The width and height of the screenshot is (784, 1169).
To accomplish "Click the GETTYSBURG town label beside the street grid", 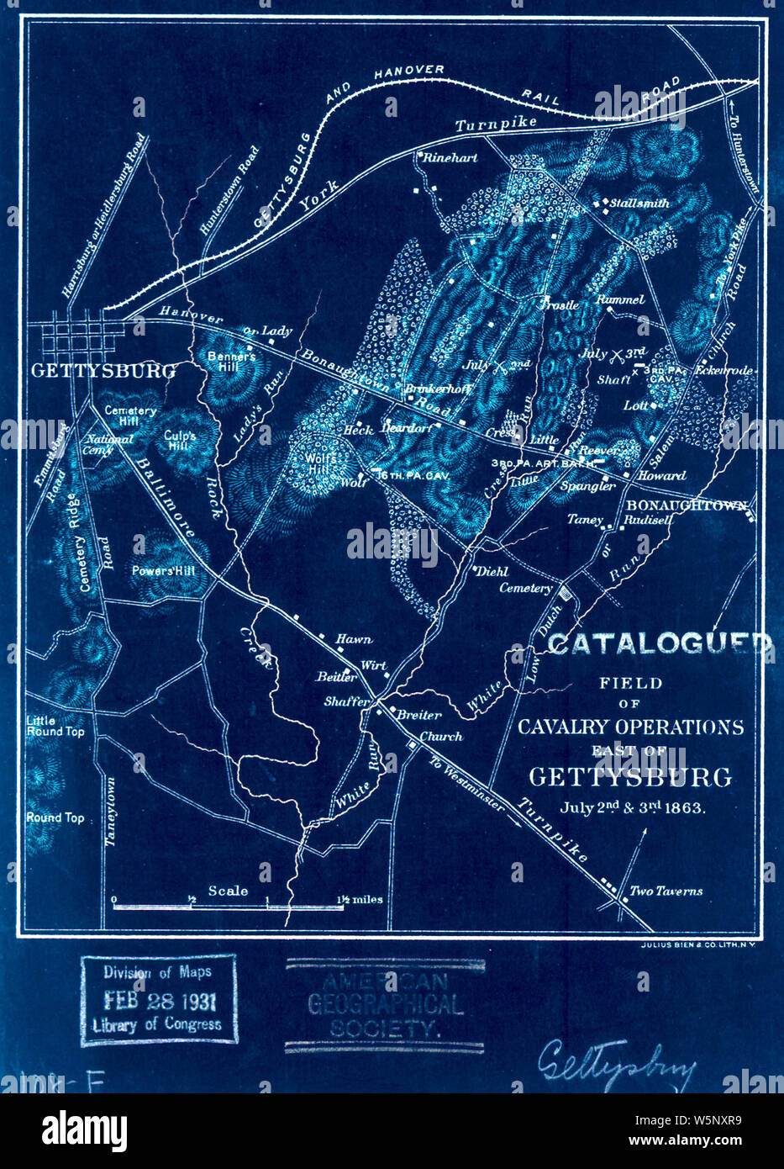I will pos(103,371).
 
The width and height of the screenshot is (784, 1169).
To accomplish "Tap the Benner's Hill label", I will pos(231,361).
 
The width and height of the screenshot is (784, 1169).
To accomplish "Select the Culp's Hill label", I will pos(181,441).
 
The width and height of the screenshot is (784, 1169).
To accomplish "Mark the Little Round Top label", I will pos(55,726).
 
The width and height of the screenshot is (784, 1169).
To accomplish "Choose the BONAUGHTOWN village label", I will pos(686,505).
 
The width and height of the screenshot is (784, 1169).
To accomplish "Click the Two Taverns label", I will pos(666,891).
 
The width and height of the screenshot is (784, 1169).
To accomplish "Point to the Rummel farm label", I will pos(620,299).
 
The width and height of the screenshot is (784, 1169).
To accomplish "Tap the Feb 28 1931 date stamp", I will pos(158,1001).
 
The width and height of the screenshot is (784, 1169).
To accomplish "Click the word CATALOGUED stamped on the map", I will pos(659,643).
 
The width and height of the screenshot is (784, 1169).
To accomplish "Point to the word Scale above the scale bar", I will pos(228,891).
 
